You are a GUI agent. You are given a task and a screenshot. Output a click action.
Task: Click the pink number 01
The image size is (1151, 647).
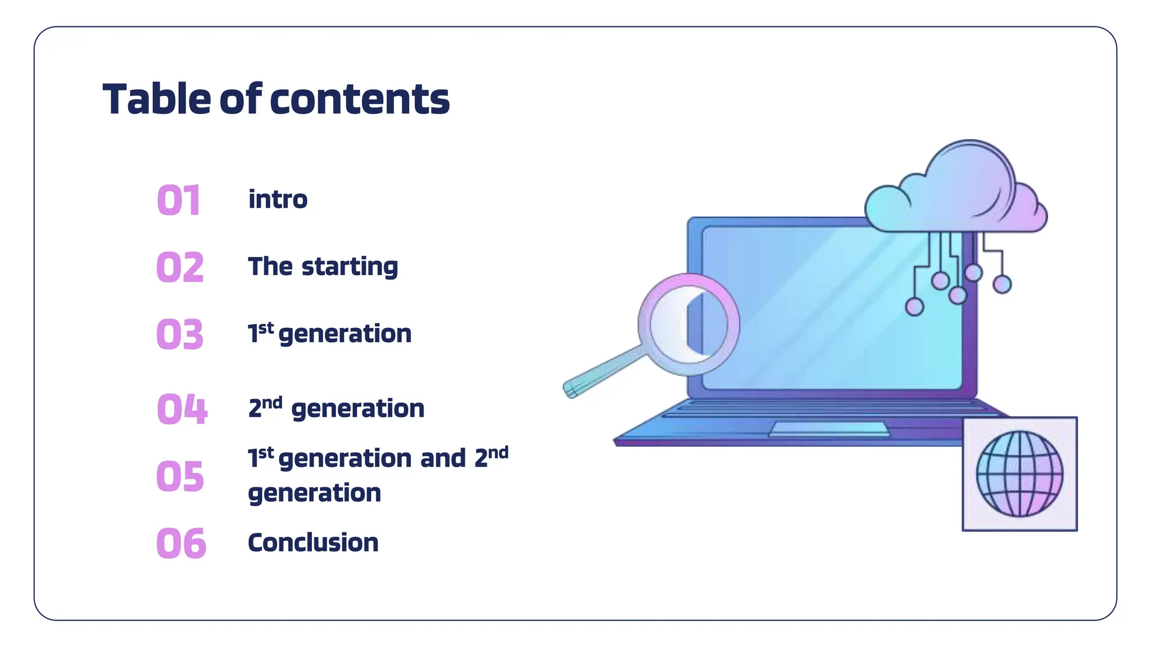click(x=178, y=200)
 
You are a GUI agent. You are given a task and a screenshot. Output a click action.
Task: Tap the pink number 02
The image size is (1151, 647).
click(x=180, y=267)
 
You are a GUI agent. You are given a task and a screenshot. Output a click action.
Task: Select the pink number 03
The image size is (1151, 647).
click(x=180, y=334)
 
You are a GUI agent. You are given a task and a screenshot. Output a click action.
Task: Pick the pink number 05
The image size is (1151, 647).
click(x=180, y=476)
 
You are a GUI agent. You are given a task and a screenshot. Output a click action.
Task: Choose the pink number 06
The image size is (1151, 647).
click(x=181, y=543)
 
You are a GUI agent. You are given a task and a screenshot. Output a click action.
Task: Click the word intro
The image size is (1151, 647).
click(x=278, y=199)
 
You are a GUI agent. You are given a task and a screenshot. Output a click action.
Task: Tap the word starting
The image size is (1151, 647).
click(x=350, y=267)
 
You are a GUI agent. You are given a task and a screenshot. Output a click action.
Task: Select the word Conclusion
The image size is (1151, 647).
click(x=313, y=543)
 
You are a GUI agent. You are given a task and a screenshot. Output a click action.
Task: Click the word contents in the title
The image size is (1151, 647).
click(x=360, y=99)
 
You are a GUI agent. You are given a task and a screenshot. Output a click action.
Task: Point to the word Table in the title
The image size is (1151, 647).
click(x=157, y=99)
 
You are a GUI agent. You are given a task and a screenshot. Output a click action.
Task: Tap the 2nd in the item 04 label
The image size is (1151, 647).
click(x=265, y=407)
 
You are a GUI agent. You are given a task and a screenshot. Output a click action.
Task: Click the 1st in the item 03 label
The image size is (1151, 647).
click(x=261, y=332)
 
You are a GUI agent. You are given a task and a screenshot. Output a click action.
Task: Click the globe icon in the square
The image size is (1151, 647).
click(x=1019, y=473)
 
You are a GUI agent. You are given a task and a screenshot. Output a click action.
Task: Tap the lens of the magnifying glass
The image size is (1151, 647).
click(x=689, y=325)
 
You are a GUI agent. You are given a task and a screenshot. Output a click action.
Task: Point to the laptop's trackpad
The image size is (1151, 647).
click(x=830, y=429)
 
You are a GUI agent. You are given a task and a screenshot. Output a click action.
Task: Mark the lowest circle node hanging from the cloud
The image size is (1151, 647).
click(x=914, y=307)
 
